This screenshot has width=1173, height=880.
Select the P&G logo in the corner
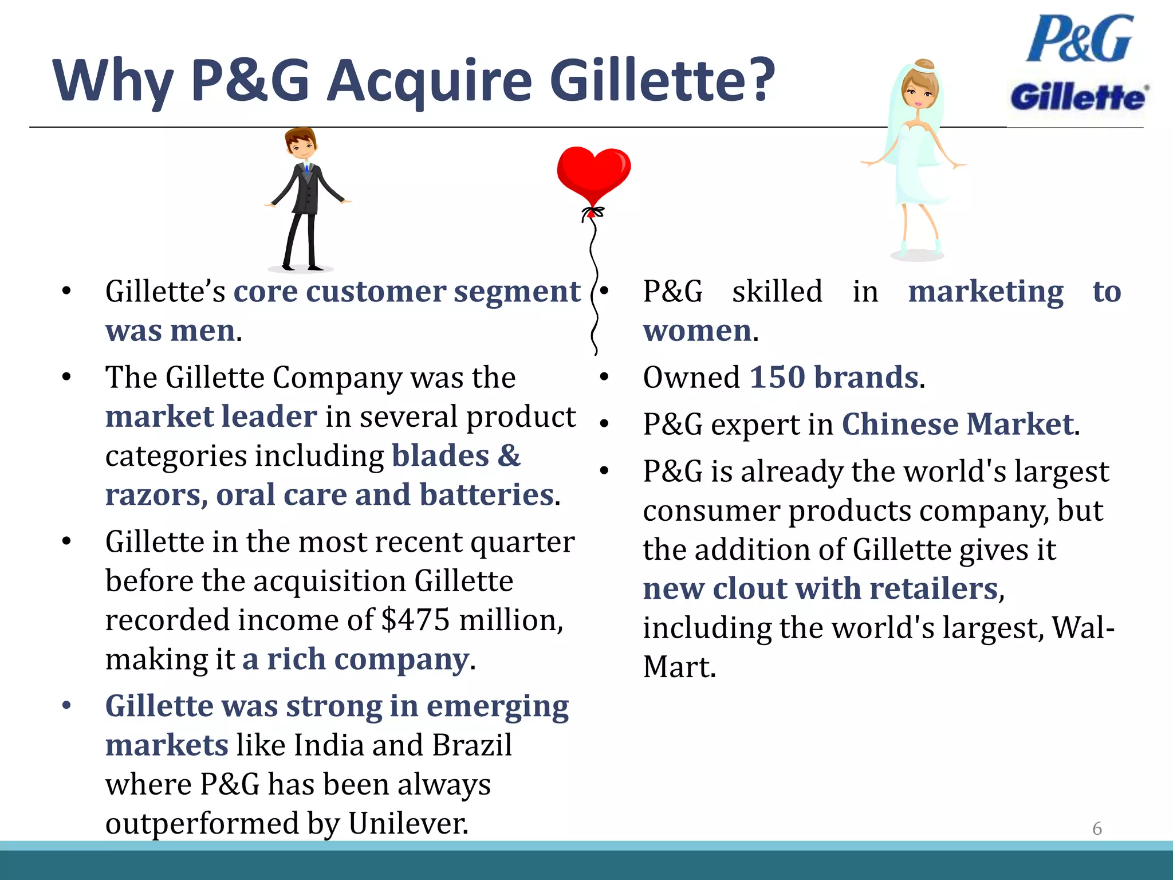(x=1080, y=39)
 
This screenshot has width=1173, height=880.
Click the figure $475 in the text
(x=415, y=620)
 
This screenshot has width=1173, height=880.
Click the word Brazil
(x=472, y=745)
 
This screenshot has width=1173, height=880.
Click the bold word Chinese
(x=900, y=425)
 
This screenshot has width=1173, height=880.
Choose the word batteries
(x=487, y=495)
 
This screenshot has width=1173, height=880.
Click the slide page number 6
(x=1097, y=828)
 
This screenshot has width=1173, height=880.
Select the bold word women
(x=697, y=331)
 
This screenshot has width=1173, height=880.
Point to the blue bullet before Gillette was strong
(x=67, y=705)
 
